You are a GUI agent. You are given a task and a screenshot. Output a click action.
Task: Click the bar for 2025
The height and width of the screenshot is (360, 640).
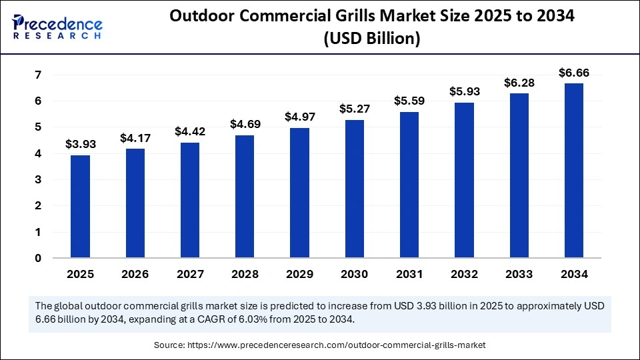pyautogui.click(x=80, y=206)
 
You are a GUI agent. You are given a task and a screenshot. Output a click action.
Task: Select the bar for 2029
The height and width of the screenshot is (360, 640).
pyautogui.click(x=299, y=193)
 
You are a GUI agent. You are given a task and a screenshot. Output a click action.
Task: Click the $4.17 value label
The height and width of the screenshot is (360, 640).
pyautogui.click(x=135, y=139)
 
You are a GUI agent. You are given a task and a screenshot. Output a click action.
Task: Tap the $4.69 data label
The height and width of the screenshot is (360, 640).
pyautogui.click(x=245, y=125)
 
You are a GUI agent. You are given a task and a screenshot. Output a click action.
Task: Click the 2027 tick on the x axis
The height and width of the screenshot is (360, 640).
pyautogui.click(x=190, y=274)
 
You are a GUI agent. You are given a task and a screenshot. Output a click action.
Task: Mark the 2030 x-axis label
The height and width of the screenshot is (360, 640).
pyautogui.click(x=354, y=274)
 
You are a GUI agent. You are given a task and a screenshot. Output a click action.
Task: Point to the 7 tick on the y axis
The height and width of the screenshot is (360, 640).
pyautogui.click(x=38, y=75)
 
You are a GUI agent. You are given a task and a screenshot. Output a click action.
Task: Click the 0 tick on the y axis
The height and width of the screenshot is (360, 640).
pyautogui.click(x=38, y=259)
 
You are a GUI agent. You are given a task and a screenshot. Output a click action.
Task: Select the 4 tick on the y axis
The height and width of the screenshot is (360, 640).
pyautogui.click(x=38, y=153)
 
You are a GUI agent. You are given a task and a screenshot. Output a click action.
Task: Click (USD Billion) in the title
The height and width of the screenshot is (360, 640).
pyautogui.click(x=371, y=39)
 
